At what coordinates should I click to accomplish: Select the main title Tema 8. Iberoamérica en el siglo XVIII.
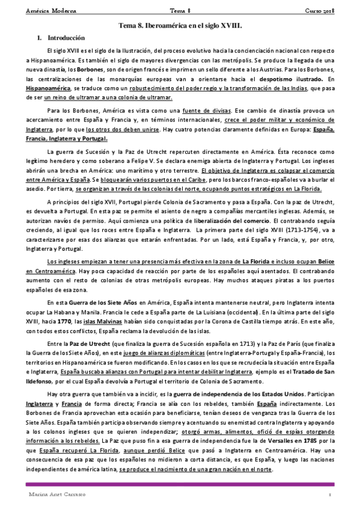180,26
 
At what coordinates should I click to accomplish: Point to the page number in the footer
330,494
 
